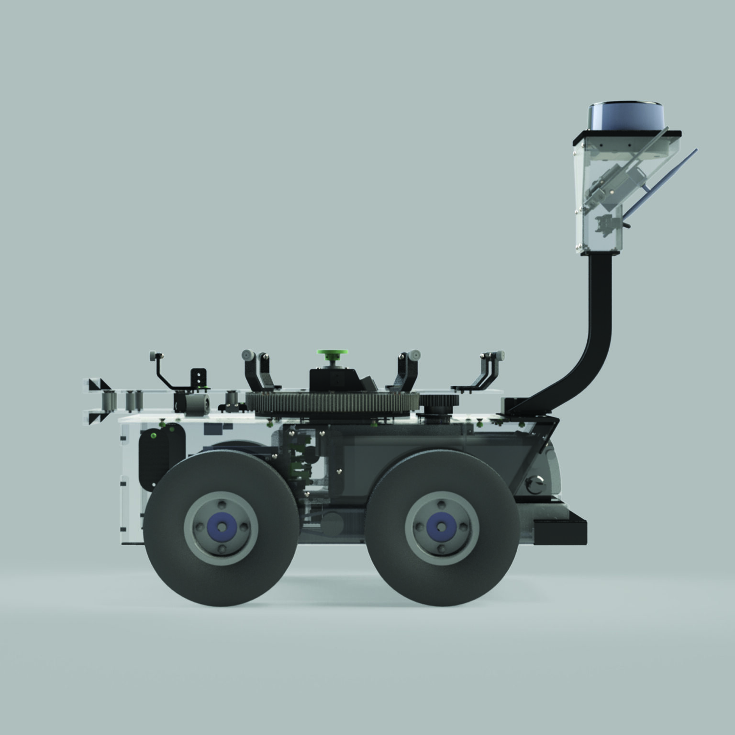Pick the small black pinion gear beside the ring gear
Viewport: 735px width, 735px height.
click(x=439, y=401)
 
